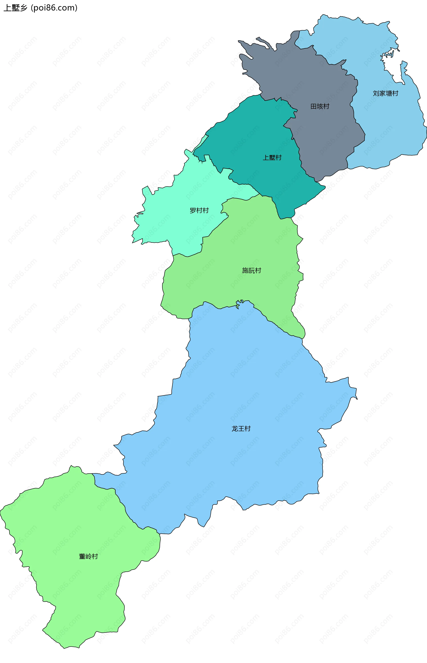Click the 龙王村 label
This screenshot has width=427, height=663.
241,429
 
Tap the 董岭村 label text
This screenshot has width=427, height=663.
89,556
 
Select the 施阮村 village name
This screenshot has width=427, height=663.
252,270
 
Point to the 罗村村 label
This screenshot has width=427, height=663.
199,211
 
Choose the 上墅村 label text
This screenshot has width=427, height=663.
272,157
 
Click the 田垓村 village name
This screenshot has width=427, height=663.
320,106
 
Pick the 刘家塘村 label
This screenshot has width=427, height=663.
385,93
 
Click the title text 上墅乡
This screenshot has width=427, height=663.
16,8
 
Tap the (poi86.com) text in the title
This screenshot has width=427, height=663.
54,8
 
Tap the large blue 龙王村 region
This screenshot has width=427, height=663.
250,388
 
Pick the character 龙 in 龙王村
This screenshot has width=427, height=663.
235,429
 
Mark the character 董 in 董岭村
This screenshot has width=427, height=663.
82,556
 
